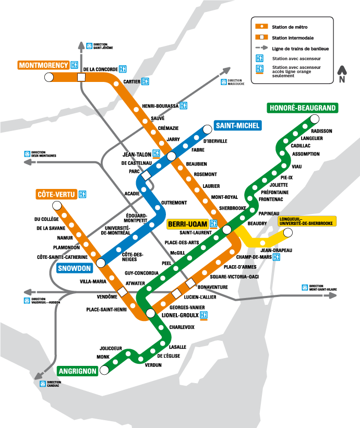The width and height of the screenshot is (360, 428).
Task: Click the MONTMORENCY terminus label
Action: tap(43, 65)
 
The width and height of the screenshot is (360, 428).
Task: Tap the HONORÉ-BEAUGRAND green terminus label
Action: tap(302, 108)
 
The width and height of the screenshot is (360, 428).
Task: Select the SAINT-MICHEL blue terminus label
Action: tap(237, 126)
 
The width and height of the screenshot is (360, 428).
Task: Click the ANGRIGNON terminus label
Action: tap(77, 371)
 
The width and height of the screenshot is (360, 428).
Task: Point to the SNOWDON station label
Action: tap(74, 268)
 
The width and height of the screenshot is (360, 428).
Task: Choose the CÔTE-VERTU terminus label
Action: tap(56, 195)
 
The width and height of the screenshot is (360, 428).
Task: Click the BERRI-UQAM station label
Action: tap(188, 224)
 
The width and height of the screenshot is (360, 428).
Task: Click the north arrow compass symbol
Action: tap(342, 74)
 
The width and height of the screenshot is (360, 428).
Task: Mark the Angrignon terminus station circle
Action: tap(104, 370)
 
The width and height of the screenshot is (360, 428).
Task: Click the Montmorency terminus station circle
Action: tap(49, 77)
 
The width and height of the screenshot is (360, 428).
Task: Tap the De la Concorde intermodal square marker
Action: tap(81, 77)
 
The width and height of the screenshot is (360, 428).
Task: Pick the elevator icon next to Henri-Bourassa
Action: tap(183, 106)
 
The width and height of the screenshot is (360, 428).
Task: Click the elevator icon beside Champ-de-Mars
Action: tap(277, 257)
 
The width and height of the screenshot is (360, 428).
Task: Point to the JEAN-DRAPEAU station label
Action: tap(275, 251)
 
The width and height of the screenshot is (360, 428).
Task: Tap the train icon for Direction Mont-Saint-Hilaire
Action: tap(304, 287)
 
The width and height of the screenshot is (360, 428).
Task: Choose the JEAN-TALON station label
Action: tap(136, 154)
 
